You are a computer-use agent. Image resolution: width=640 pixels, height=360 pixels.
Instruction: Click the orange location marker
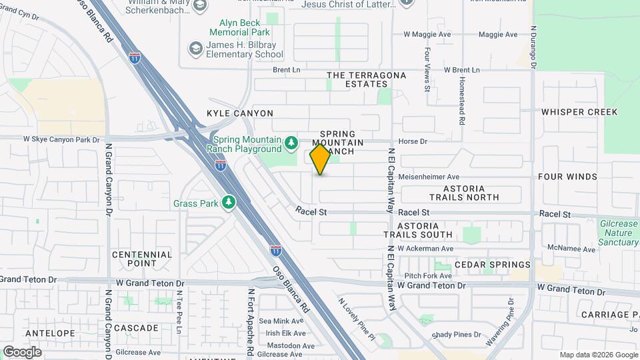[320, 159]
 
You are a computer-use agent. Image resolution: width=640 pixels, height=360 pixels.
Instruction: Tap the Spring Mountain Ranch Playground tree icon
[291, 143]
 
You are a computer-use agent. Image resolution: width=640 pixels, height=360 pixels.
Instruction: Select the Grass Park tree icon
[229, 202]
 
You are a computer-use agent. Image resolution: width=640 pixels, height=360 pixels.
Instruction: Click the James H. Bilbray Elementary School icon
[195, 48]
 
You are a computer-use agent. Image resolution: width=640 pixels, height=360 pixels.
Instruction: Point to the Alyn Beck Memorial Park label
[239, 27]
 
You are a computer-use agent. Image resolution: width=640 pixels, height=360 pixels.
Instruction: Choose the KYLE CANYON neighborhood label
[240, 114]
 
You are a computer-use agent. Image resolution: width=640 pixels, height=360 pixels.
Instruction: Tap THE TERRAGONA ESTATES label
[366, 79]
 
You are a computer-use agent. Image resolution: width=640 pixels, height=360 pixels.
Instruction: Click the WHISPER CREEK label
[579, 112]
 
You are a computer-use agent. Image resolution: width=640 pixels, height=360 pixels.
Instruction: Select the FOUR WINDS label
[568, 177]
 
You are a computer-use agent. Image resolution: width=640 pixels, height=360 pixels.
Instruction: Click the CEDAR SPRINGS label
[492, 265]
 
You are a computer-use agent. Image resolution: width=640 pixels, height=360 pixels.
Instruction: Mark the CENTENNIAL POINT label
[142, 259]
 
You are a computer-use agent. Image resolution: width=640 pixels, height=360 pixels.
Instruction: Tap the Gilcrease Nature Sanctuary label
[618, 233]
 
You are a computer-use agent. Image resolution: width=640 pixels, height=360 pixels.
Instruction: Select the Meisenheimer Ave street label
[434, 177]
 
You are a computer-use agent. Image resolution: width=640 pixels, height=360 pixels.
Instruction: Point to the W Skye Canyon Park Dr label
[61, 139]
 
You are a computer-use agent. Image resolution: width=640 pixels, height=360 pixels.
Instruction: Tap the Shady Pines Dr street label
[456, 335]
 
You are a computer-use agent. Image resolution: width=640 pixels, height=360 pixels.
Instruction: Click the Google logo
[22, 352]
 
